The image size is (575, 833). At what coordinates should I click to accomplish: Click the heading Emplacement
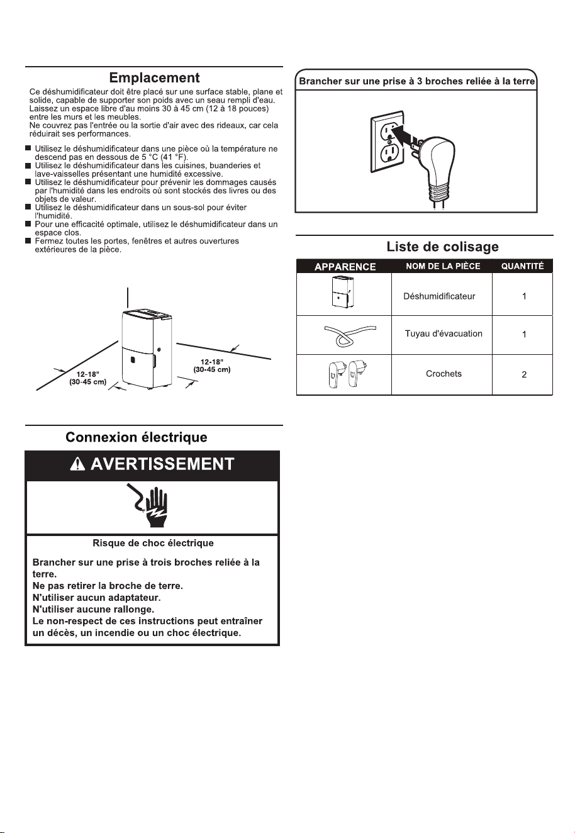pos(154,78)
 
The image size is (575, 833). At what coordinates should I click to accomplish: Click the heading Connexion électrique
pos(137,437)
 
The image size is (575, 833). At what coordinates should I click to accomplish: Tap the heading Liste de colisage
pos(443,247)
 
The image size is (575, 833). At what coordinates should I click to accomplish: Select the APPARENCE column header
pos(345,267)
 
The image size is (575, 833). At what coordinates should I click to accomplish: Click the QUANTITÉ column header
pos(523,266)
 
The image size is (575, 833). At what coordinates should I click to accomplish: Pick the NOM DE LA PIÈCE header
pos(443,266)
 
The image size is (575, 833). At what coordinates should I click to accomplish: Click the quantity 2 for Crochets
pos(524,374)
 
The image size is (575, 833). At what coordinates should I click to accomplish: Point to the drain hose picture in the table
pos(349,335)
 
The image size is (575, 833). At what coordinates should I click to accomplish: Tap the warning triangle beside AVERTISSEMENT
pos(77,464)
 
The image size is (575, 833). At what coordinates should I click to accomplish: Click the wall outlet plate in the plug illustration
pos(387,142)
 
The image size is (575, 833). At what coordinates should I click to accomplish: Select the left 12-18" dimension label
pos(88,374)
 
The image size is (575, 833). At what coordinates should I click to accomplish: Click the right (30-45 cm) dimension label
pos(211,370)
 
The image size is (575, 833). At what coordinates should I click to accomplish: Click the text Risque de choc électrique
pos(154,543)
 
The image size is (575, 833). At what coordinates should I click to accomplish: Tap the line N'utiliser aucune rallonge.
pos(93,609)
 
